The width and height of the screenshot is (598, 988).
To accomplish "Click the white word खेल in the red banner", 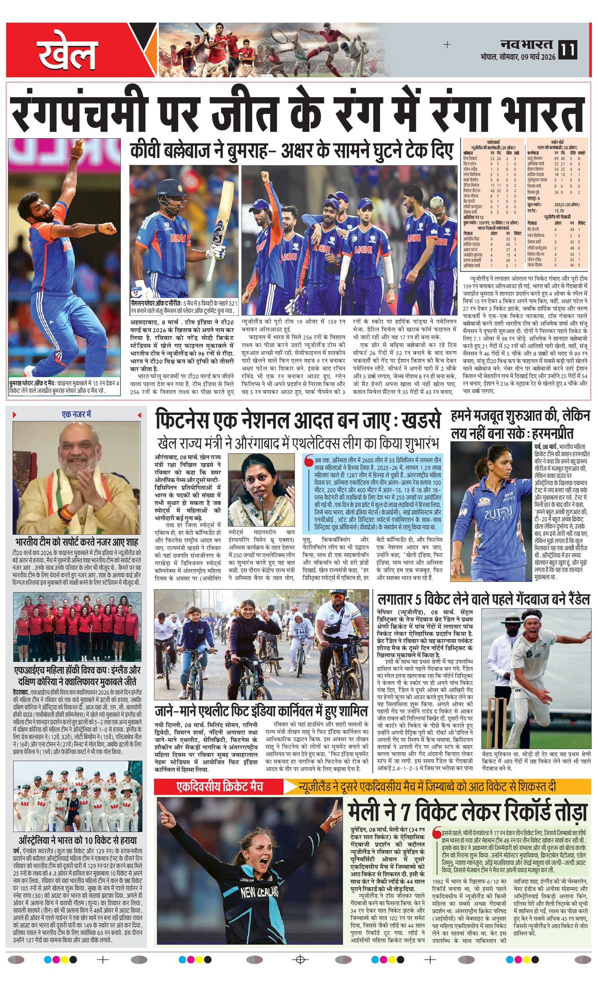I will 68,53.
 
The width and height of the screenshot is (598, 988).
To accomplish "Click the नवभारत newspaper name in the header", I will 526,44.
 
